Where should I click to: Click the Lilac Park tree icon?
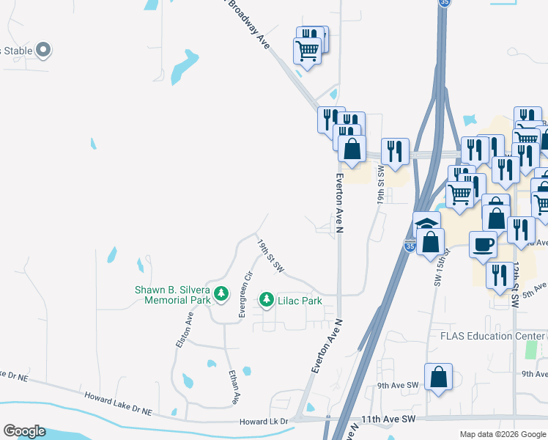[266, 300]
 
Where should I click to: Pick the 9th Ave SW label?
[397, 385]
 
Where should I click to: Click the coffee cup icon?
[482, 244]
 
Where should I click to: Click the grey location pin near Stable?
[43, 50]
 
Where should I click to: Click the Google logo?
[24, 431]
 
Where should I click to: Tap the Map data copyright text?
[502, 434]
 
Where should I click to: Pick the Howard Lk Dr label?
[266, 422]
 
